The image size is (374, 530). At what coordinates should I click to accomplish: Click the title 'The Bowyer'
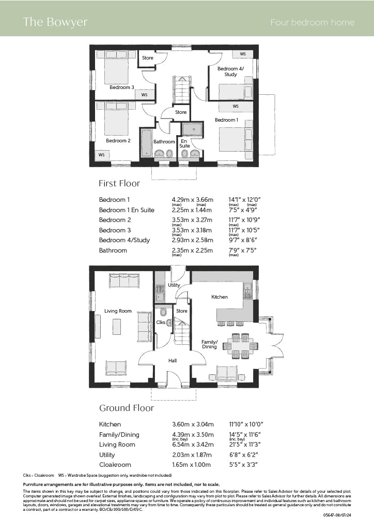pos(55,22)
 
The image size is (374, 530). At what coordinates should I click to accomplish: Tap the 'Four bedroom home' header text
pos(313,22)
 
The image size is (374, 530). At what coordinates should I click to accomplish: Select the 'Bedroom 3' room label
pos(122,87)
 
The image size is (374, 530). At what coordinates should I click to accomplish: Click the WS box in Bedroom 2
pos(102,155)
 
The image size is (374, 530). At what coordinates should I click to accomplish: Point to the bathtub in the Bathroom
pos(146,143)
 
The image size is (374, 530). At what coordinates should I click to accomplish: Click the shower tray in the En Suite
pos(193,129)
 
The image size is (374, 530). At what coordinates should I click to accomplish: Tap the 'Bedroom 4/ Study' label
pos(231,71)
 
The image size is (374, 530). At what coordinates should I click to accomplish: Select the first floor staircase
pos(182,90)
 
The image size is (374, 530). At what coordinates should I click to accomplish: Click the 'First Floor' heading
pos(119,183)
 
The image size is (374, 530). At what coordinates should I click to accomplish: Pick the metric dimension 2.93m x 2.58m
pos(192,240)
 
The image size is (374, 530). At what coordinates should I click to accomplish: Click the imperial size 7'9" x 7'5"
pos(242,251)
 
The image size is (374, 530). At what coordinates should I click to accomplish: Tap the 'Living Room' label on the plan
pos(118,311)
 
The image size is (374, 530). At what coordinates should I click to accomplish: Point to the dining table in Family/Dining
pos(240,346)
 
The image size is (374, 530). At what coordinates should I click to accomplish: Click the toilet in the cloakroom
pos(164,312)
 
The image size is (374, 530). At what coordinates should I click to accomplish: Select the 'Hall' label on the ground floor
pos(173,361)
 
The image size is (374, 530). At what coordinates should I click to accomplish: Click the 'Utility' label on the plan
pos(174,285)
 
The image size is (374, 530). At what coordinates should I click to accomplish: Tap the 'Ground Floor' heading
pos(127,408)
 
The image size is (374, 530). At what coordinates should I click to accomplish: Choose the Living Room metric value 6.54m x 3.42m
pos(193,445)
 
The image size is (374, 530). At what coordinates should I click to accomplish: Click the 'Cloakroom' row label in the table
pos(115,464)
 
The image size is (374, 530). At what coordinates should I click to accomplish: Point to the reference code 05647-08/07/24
pos(337,515)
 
